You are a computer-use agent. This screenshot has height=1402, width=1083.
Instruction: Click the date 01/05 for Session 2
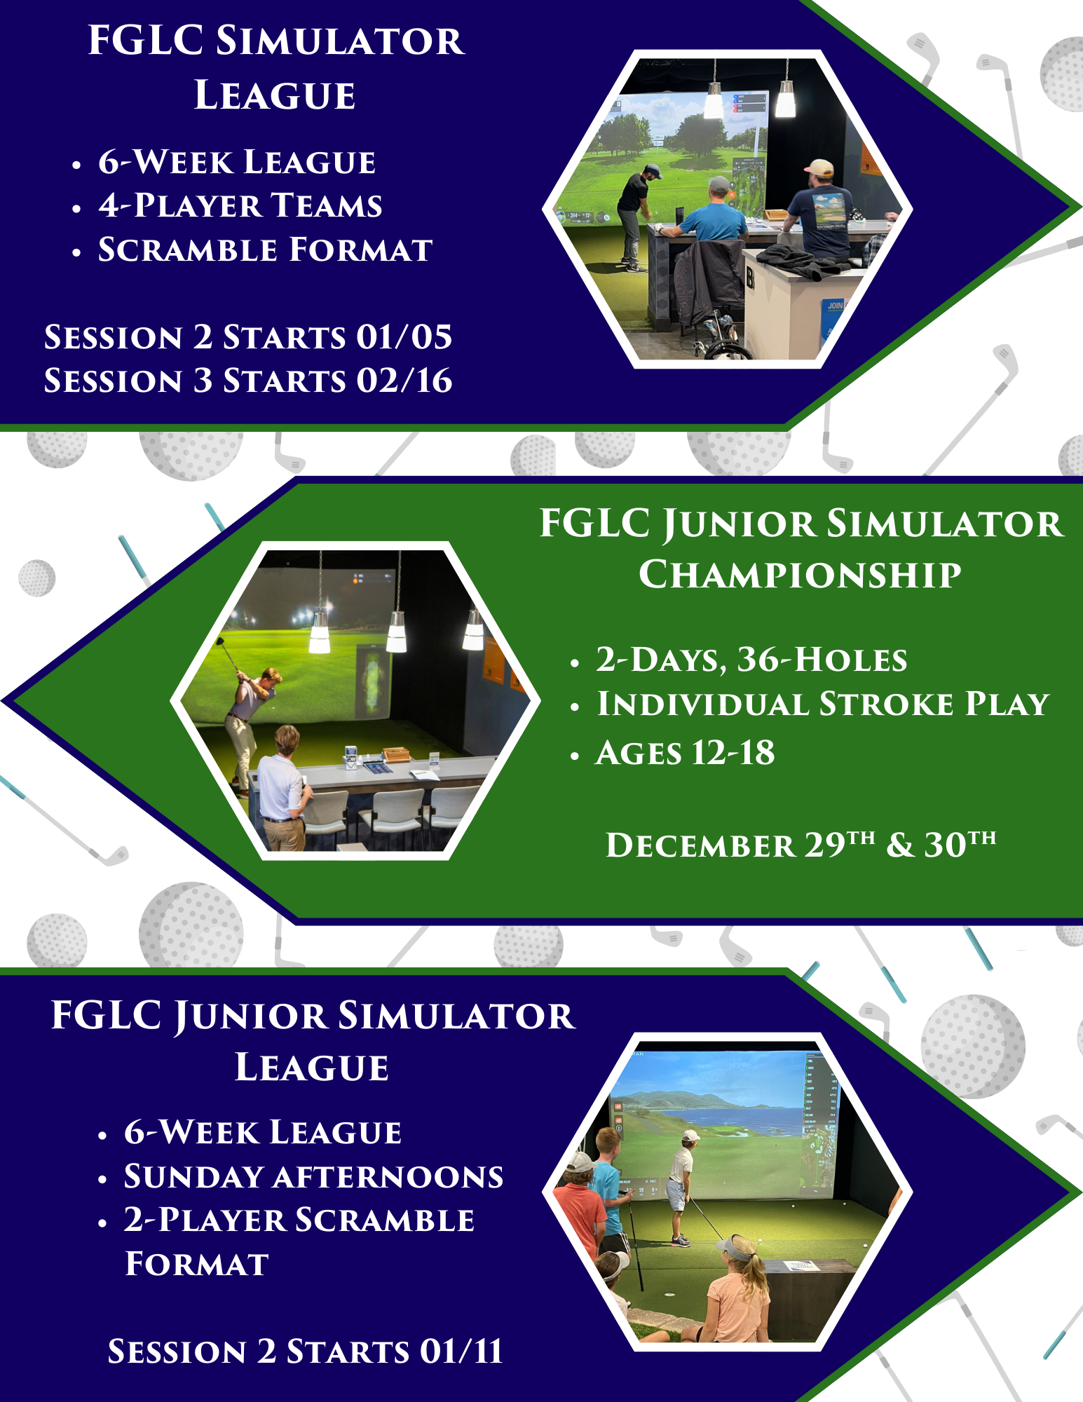point(404,337)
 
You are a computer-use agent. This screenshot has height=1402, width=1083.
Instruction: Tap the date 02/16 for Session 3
point(404,381)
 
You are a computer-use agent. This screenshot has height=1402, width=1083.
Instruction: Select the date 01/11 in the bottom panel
point(461,1351)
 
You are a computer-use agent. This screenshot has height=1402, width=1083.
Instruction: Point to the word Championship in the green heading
point(800,575)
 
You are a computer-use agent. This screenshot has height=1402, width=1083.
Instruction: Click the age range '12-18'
point(733,753)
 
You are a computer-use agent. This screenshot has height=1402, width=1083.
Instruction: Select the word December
point(700,845)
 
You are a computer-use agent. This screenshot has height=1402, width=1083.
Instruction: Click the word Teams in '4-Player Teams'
point(327,205)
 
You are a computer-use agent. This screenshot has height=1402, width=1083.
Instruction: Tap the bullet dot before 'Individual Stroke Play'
point(575,707)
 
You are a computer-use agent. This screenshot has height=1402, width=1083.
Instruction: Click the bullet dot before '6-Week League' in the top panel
point(76,166)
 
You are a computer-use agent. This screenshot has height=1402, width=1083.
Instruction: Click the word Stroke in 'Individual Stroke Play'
point(886,704)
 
